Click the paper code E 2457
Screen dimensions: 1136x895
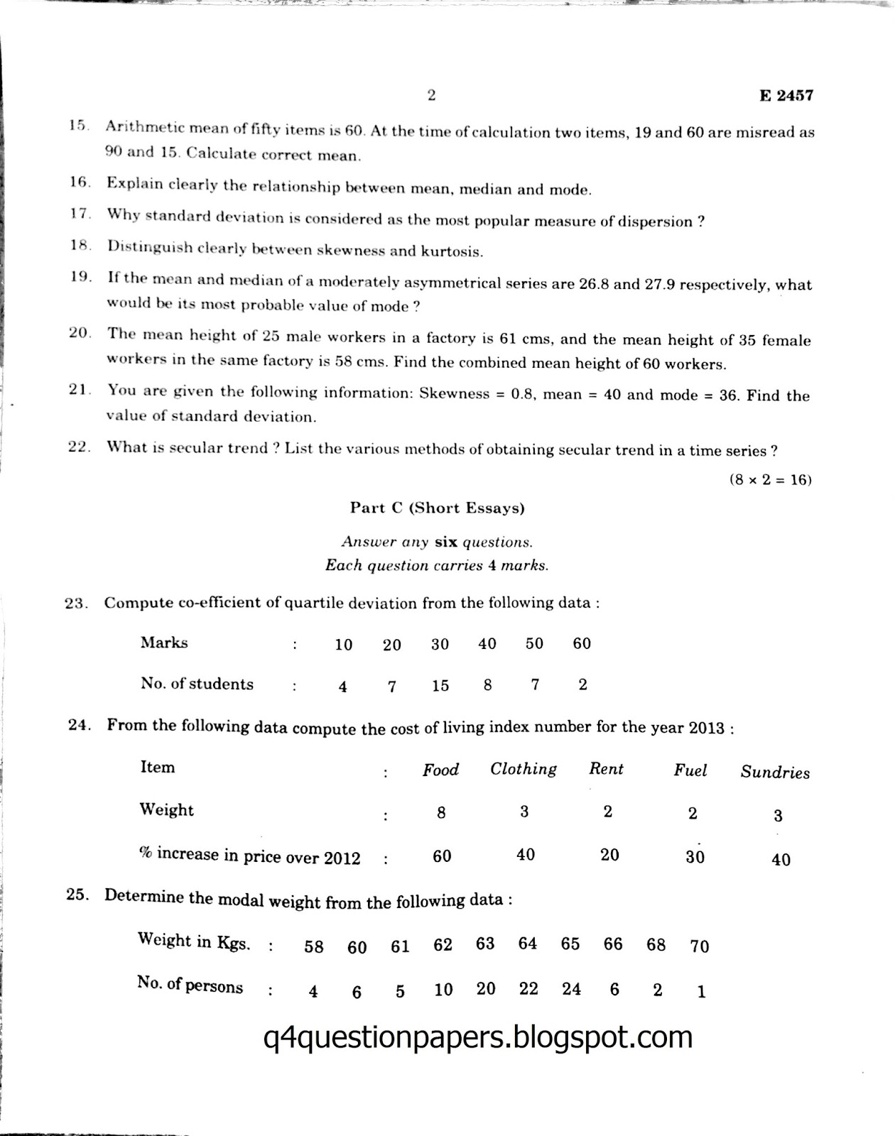pyautogui.click(x=786, y=96)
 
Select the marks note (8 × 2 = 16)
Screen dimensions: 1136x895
pyautogui.click(x=770, y=479)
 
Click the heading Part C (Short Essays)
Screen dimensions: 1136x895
pyautogui.click(x=437, y=508)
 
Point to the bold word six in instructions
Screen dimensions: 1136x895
pyautogui.click(x=446, y=542)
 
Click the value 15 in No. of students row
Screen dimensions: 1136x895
pyautogui.click(x=440, y=685)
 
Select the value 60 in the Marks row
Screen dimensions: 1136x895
pyautogui.click(x=581, y=643)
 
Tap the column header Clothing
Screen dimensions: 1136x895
pyautogui.click(x=524, y=769)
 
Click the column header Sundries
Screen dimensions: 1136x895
pyautogui.click(x=775, y=772)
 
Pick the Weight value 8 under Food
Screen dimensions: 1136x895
pyautogui.click(x=441, y=813)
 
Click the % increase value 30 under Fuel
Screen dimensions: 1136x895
pyautogui.click(x=695, y=857)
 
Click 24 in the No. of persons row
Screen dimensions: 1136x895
pyautogui.click(x=571, y=989)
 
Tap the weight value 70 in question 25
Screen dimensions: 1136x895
pyautogui.click(x=699, y=946)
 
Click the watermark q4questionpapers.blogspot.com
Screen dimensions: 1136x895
pyautogui.click(x=477, y=1037)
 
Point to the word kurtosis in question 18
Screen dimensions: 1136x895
pyautogui.click(x=450, y=251)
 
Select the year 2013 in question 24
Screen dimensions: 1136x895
pyautogui.click(x=705, y=728)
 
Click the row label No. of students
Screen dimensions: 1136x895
pyautogui.click(x=197, y=684)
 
